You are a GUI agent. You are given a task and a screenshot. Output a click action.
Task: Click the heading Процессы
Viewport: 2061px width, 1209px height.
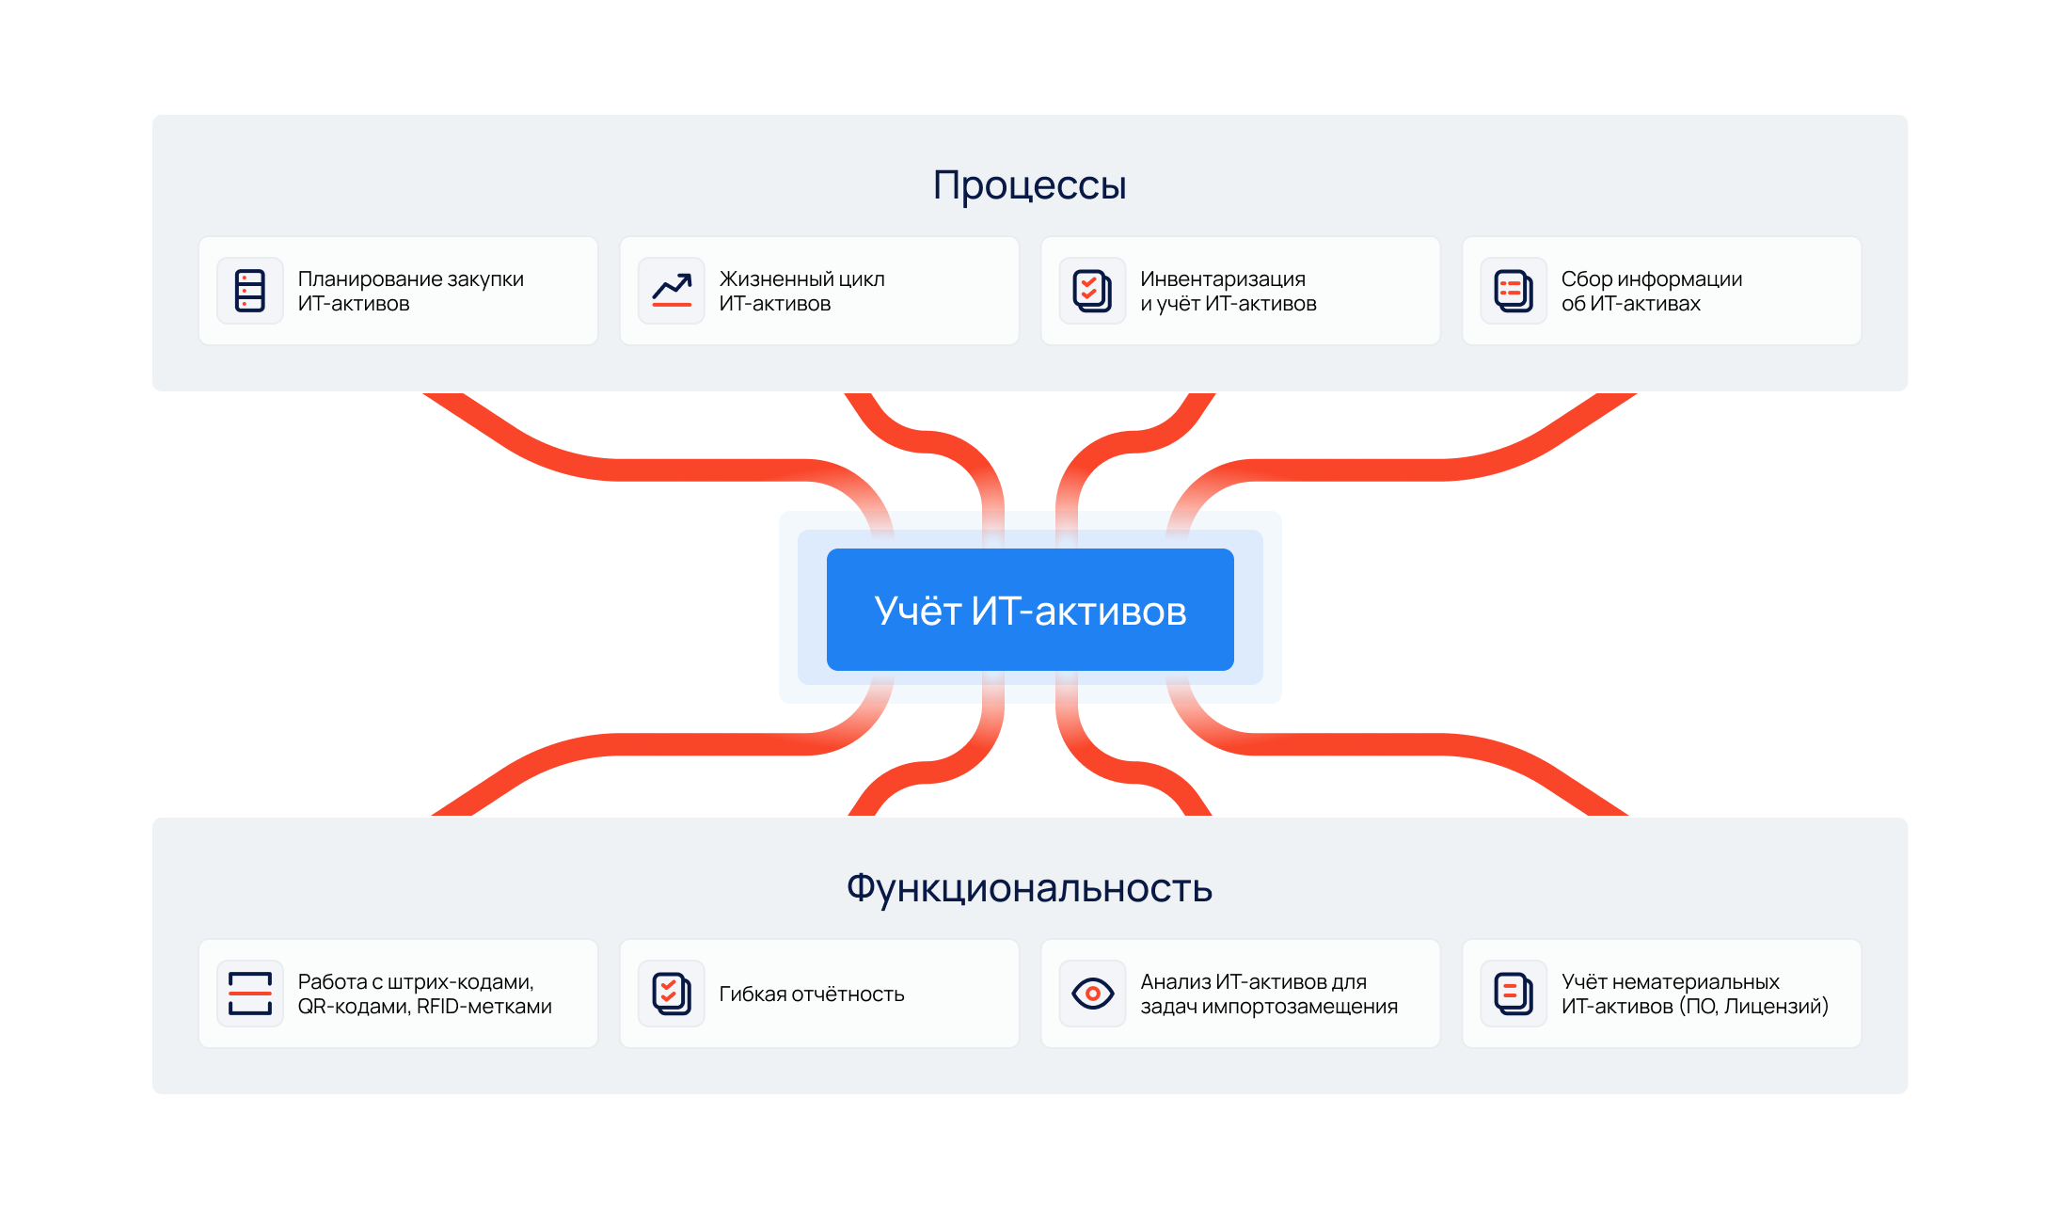[x=1029, y=185]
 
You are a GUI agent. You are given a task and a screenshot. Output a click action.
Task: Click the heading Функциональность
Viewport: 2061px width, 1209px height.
[x=1029, y=888]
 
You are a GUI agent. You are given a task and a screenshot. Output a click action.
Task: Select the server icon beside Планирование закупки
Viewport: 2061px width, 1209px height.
[x=250, y=291]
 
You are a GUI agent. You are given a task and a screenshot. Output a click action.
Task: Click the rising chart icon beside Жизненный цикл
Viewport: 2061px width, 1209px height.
[x=672, y=291]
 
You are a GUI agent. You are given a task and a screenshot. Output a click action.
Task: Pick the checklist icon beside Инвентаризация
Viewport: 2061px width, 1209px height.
[x=1092, y=291]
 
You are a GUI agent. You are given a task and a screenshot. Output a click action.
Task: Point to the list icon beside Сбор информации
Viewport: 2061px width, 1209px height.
[x=1514, y=291]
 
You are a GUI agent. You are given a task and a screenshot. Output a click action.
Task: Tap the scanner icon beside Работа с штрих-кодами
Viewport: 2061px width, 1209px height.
[x=250, y=994]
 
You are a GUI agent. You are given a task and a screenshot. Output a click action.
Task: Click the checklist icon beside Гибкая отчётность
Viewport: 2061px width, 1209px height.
[x=672, y=994]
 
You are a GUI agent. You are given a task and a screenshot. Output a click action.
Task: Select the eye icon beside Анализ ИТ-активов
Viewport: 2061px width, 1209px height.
[x=1092, y=994]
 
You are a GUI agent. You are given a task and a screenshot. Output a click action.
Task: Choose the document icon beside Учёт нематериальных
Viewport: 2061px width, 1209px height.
[x=1514, y=994]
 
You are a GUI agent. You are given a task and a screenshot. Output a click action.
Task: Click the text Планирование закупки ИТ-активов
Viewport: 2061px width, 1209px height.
[x=410, y=291]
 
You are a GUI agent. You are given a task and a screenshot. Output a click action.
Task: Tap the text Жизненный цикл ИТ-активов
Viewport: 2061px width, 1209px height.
[x=801, y=291]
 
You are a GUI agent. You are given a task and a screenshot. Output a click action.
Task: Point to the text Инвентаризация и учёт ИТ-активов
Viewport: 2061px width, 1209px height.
[x=1228, y=291]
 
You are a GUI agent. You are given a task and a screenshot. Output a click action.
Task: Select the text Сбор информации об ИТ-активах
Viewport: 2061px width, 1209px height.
[x=1651, y=291]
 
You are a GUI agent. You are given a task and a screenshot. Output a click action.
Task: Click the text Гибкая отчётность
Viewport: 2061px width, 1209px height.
[x=811, y=994]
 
